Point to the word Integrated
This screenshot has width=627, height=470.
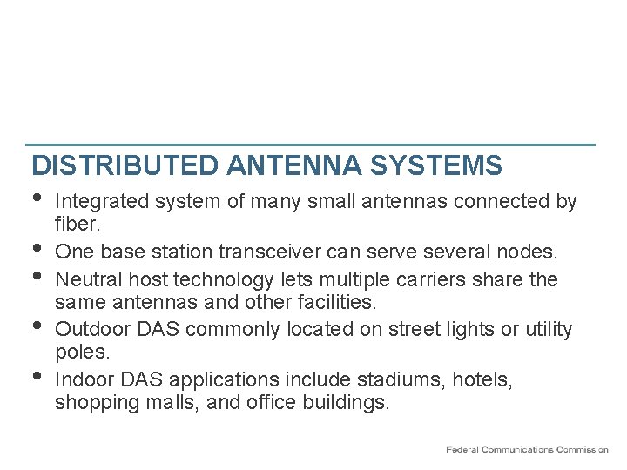point(103,202)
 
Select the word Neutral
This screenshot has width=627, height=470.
point(86,280)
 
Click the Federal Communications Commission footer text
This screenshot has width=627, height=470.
point(527,449)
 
